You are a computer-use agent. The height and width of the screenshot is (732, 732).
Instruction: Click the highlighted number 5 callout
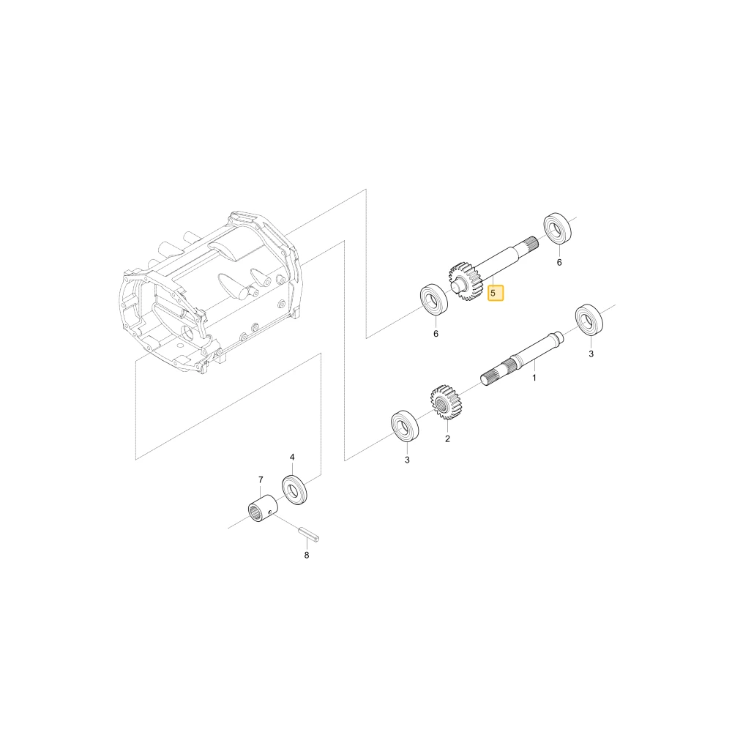[x=496, y=294]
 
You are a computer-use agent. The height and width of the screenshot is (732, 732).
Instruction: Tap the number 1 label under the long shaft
[x=534, y=378]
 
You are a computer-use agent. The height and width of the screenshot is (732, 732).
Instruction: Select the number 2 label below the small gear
[x=447, y=438]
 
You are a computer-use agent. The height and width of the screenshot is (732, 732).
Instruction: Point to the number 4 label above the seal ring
[x=292, y=457]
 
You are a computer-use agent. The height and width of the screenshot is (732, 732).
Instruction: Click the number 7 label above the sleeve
[x=261, y=479]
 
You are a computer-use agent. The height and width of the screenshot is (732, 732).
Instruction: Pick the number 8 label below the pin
[x=306, y=555]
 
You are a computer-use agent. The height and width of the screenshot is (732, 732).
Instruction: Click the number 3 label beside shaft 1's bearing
[x=591, y=354]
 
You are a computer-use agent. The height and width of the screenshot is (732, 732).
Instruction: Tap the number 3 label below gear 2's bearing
[x=407, y=460]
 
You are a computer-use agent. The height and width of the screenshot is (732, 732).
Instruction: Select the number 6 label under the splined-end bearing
[x=559, y=262]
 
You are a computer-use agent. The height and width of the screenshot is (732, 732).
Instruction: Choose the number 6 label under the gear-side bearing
[x=436, y=334]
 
